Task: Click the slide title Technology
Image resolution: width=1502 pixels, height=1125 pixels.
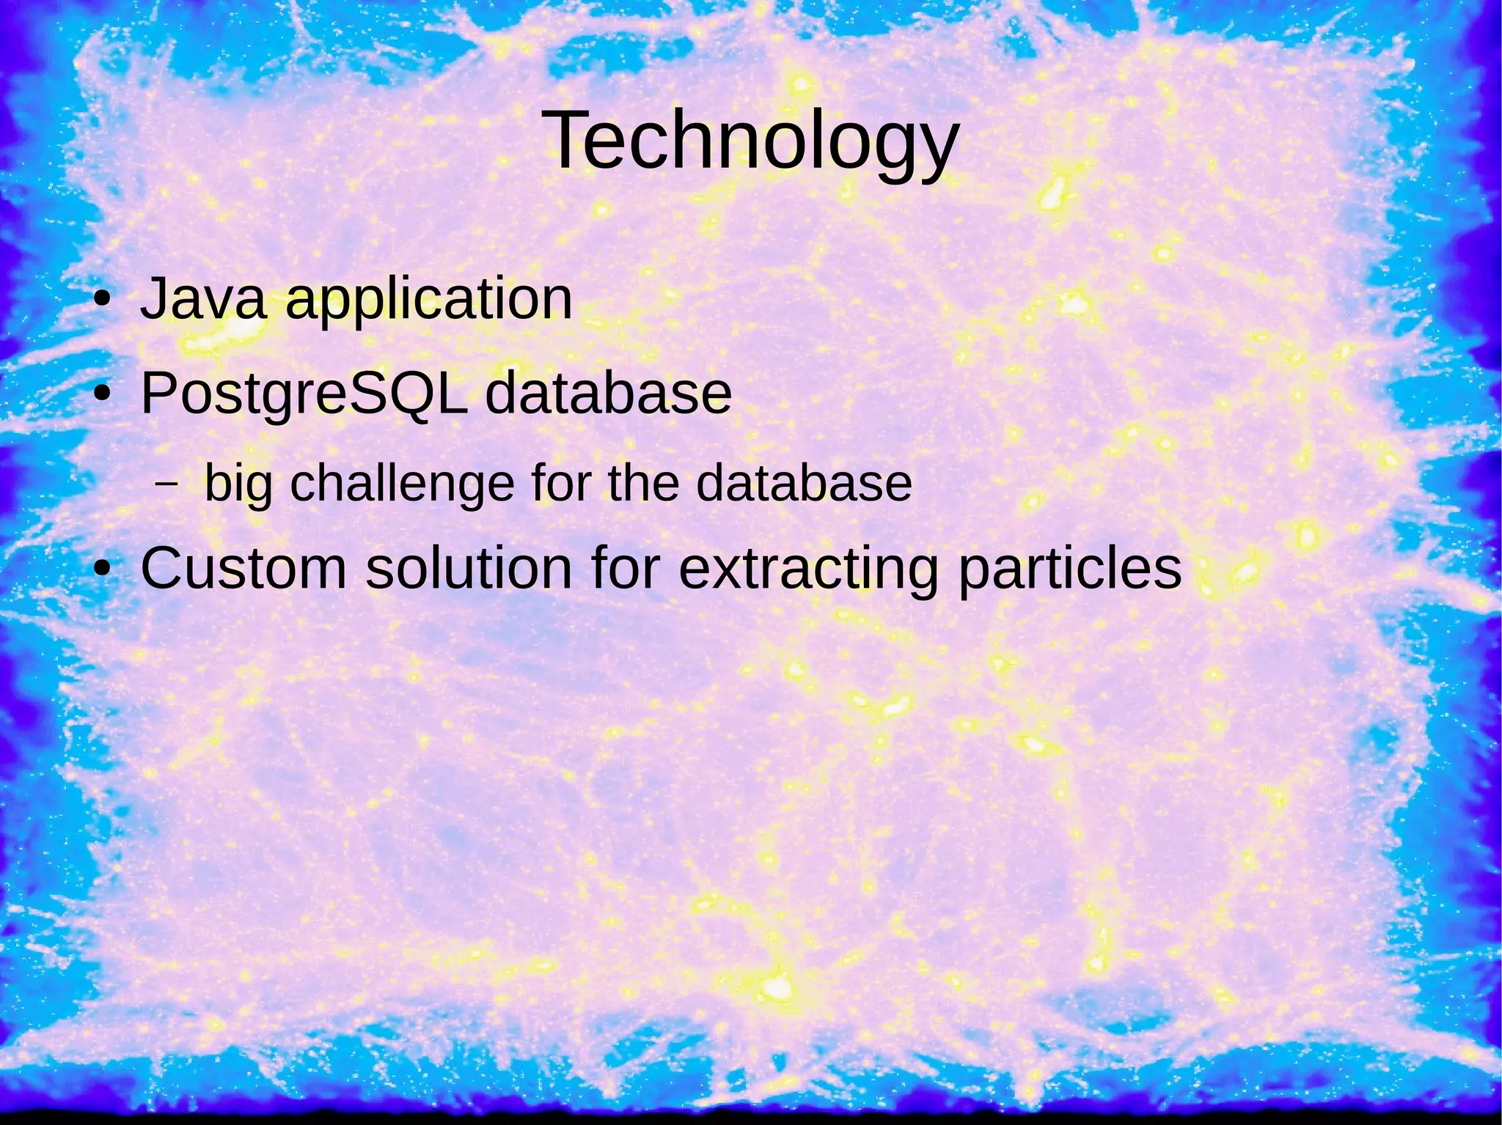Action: coord(751,141)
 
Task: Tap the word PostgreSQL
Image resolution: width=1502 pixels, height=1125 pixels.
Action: coord(304,395)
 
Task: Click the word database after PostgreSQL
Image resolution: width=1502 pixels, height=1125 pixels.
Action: coord(608,394)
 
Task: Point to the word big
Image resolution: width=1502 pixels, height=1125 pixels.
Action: coord(238,485)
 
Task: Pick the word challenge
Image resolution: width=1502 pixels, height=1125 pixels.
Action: coord(403,485)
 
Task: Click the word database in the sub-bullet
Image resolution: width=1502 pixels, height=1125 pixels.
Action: coord(804,484)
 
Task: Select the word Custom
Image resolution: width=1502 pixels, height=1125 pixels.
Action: coord(243,568)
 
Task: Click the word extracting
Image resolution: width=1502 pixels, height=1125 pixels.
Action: coord(807,569)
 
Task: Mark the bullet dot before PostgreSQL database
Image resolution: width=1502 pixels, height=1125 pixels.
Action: coord(103,395)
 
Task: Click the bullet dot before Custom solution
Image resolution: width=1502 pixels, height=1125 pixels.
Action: coord(103,569)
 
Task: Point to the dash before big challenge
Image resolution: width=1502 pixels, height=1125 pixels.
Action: coord(167,484)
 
